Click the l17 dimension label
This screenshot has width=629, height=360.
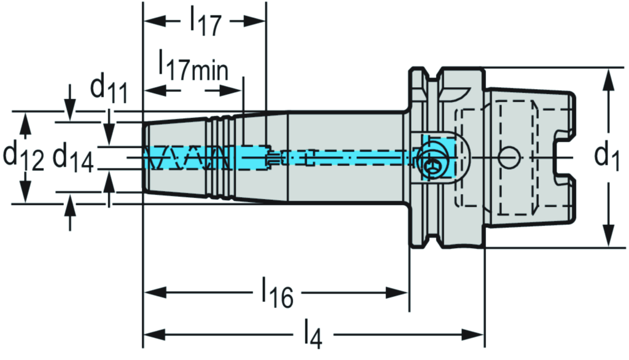205,22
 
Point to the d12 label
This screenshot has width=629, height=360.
23,157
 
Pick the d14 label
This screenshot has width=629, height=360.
72,158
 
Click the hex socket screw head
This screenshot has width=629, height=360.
432,165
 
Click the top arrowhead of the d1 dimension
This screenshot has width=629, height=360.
608,77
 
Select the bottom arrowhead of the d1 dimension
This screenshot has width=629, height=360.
608,239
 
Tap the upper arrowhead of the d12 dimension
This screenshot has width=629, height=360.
25,119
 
